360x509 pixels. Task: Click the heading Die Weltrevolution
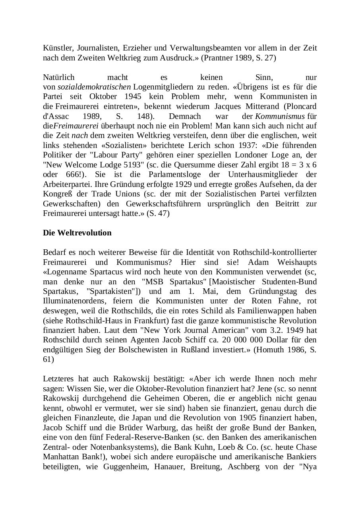(77, 233)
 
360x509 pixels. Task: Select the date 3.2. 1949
(290, 330)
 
